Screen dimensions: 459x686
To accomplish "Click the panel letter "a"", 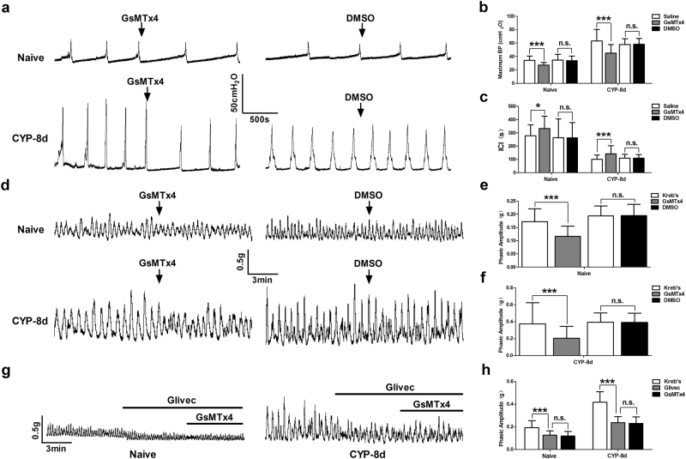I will [8, 8].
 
